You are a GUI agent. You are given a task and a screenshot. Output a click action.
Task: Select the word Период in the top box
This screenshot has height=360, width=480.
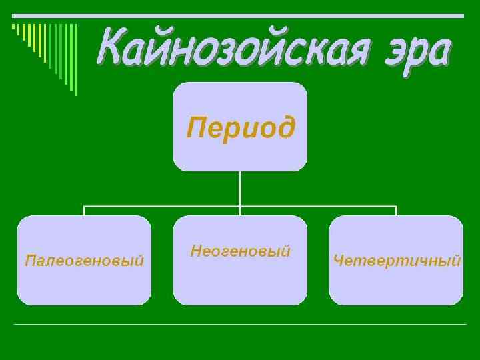[x=240, y=127]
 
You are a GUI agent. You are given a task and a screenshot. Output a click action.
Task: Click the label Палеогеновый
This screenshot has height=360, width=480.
[x=84, y=260]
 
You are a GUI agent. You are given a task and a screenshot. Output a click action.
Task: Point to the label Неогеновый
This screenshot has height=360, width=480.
[x=240, y=251]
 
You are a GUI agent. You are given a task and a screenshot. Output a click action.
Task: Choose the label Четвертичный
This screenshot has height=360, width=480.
[x=397, y=260]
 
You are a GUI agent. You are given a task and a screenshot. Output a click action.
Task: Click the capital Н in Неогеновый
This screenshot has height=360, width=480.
[x=196, y=251]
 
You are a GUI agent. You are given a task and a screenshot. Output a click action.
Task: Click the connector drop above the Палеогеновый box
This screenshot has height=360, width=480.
[x=84, y=211]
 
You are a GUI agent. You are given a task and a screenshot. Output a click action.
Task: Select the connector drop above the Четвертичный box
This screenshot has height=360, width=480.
[x=397, y=211]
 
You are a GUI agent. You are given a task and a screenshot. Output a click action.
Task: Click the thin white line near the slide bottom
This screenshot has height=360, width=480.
[x=240, y=325]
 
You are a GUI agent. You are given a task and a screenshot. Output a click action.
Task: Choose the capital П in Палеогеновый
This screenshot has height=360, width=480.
[x=29, y=260]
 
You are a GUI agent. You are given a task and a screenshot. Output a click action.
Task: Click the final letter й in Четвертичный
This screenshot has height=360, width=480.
[x=455, y=260]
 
